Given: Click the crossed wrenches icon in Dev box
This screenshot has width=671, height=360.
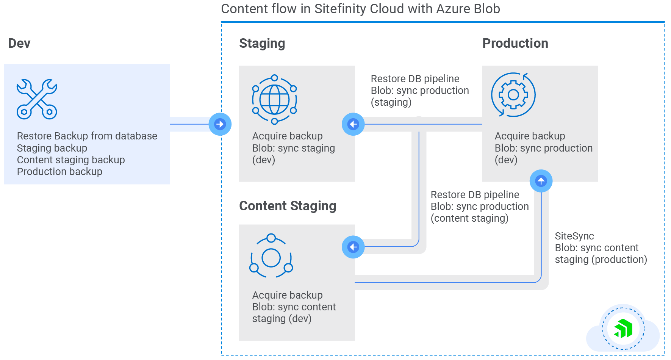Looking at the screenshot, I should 37,99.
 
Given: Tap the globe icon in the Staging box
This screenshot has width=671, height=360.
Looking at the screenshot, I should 274,100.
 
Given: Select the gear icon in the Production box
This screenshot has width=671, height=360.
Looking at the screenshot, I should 513,95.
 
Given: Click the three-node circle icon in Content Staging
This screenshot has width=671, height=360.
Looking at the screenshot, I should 271,256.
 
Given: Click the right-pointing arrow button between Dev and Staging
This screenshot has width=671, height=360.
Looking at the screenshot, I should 220,124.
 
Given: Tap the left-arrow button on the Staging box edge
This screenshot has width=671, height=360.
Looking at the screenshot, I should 353,124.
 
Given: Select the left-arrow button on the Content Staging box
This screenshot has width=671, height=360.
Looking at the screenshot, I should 353,247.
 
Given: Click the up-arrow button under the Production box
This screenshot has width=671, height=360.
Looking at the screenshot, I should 541,181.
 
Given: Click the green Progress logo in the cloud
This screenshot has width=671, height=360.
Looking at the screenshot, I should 623,328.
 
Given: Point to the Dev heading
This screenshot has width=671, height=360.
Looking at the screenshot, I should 19,43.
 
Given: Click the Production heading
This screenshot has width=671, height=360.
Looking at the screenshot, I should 515,43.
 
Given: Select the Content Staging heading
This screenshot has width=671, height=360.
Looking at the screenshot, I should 288,206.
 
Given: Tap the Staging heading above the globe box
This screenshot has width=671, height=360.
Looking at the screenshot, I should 262,43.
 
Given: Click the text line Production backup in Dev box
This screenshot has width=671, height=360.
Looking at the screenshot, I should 59,172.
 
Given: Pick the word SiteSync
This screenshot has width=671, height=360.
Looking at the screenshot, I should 574,236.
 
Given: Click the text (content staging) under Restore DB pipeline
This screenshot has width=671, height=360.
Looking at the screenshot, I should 469,218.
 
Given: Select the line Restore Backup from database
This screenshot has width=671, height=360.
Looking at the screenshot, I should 87,136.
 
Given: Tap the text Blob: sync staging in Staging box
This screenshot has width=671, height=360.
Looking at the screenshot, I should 293,148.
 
